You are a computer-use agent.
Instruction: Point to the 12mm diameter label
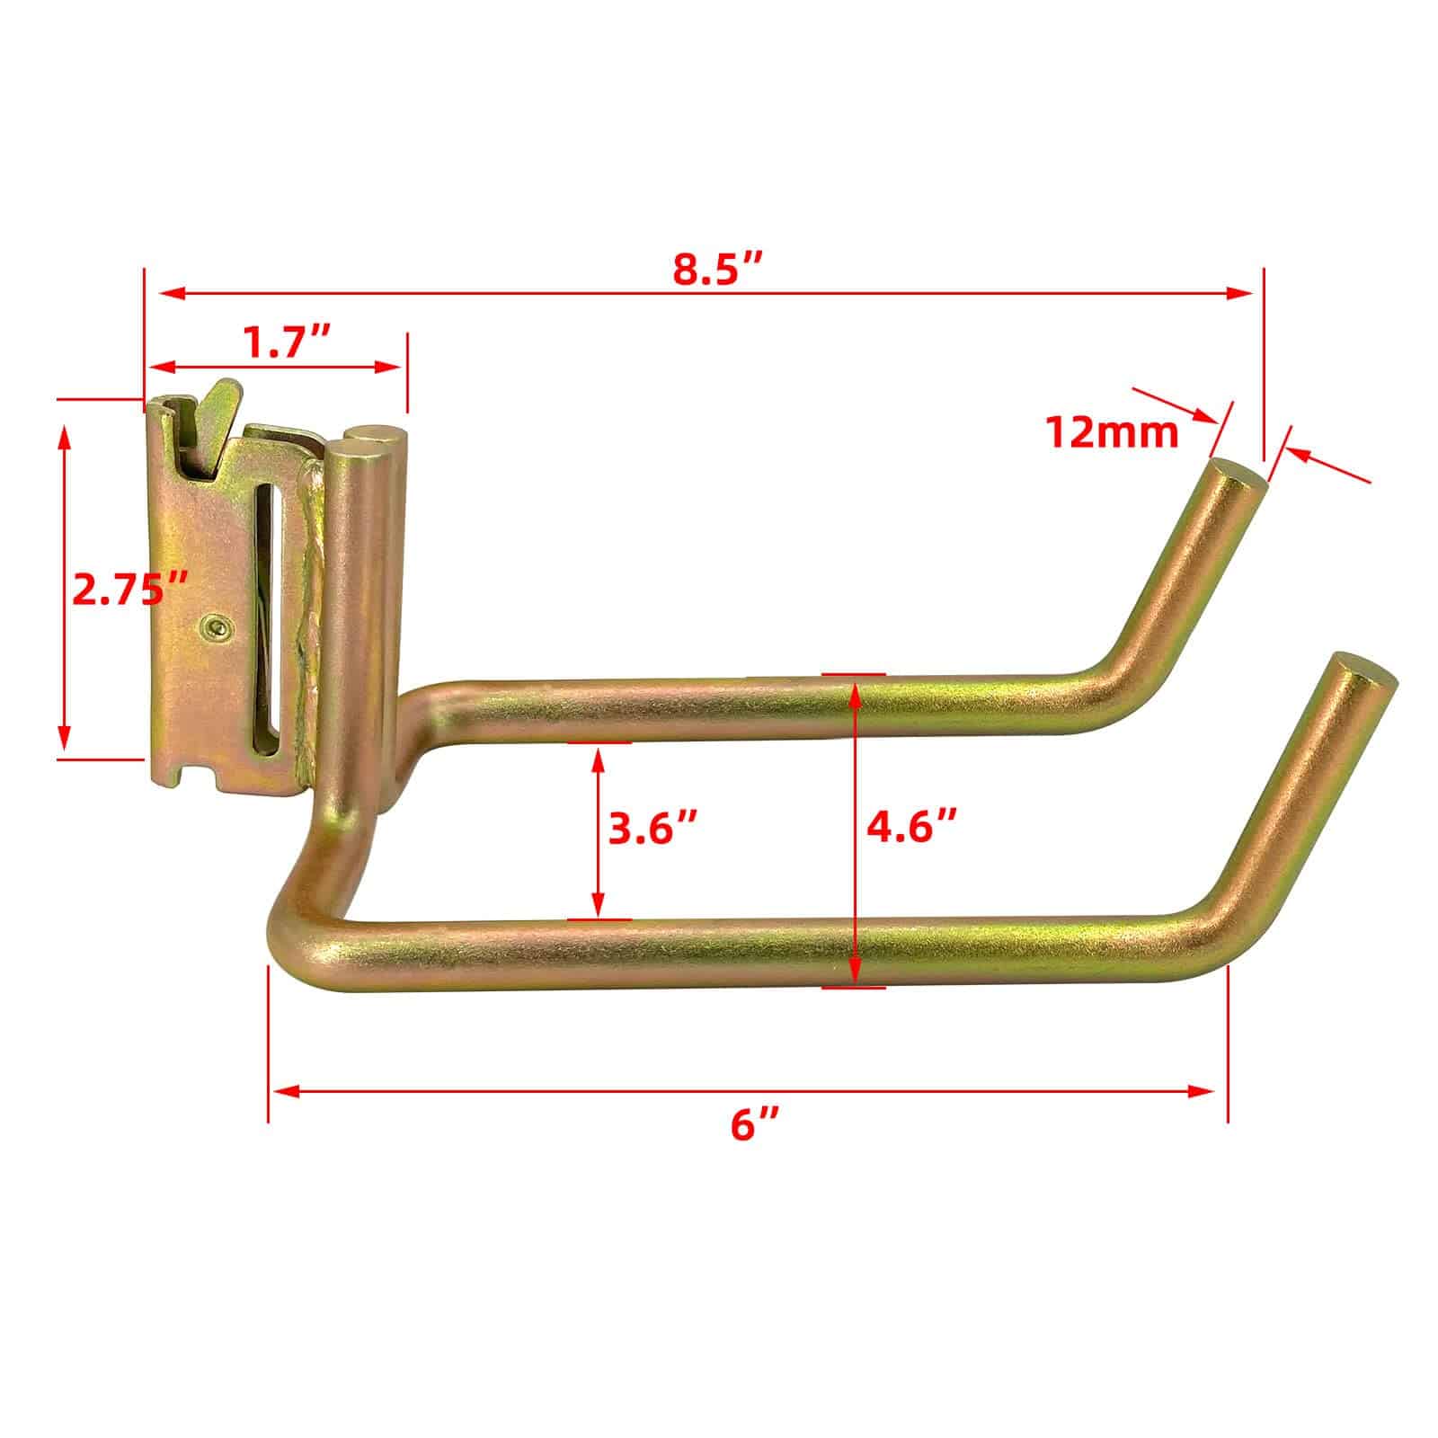click(x=1112, y=434)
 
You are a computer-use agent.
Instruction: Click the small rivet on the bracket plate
click(x=216, y=627)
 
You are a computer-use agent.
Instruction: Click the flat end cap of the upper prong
click(x=1239, y=475)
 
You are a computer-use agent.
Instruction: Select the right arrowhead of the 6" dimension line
click(x=1204, y=1091)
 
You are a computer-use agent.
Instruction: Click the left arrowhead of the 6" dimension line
click(x=284, y=1091)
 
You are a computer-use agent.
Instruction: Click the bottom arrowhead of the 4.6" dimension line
click(x=854, y=974)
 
